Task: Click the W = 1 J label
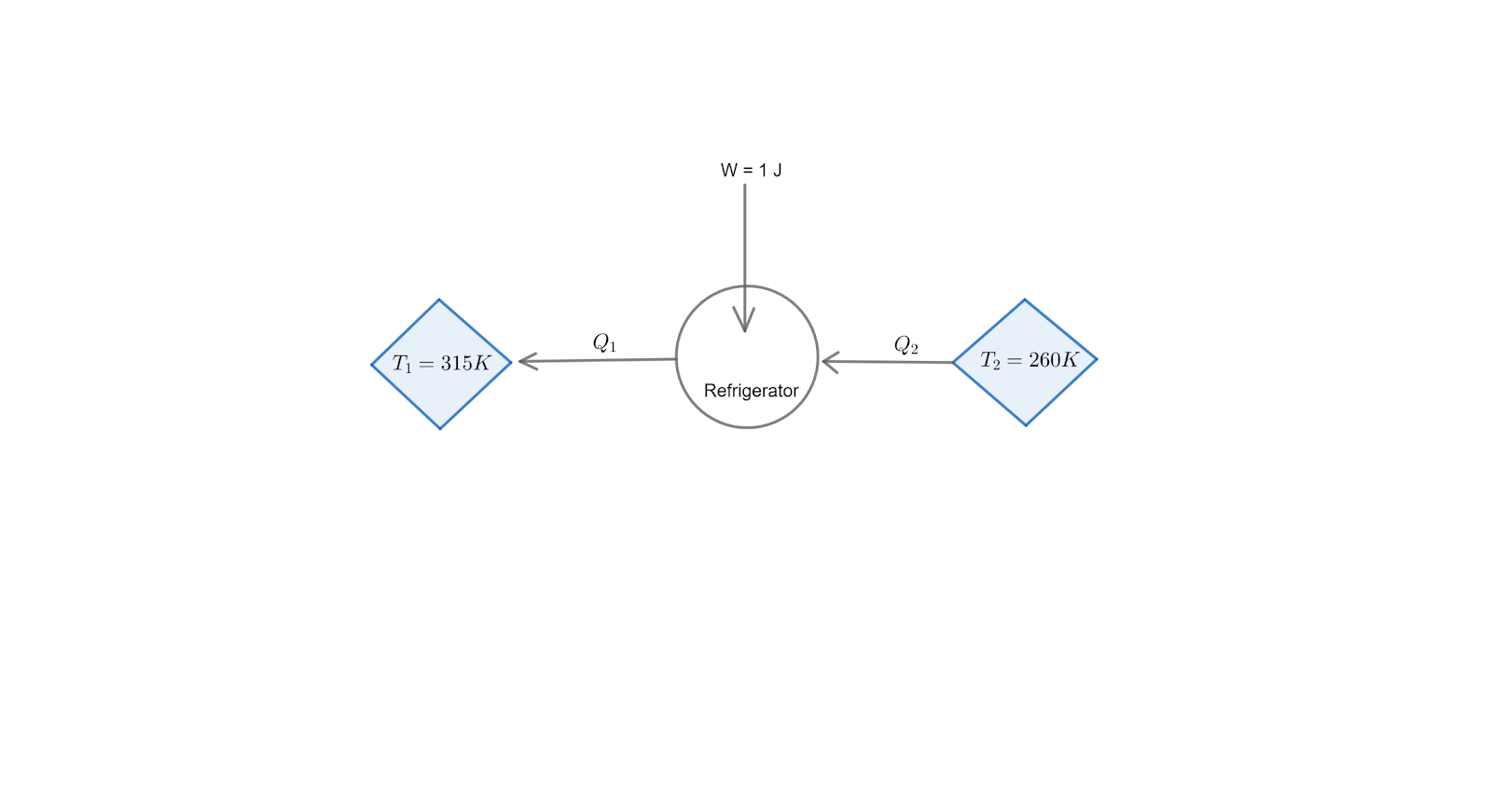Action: [x=751, y=171]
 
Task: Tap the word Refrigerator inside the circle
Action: [x=751, y=391]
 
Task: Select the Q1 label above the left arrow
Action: [x=604, y=343]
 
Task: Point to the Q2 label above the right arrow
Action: [x=905, y=345]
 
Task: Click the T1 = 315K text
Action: [x=442, y=364]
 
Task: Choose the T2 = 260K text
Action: [x=1029, y=360]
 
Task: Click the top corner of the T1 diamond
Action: [x=439, y=299]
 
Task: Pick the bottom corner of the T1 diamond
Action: [x=440, y=429]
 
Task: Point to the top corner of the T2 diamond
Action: [x=1025, y=299]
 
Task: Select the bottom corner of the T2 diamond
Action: [x=1026, y=425]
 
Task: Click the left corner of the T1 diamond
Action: [x=372, y=365]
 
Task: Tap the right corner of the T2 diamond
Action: [x=1097, y=360]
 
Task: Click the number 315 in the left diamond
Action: [x=456, y=363]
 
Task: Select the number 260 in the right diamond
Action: [x=1044, y=360]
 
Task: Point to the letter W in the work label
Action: [x=728, y=171]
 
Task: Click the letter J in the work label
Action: [x=778, y=171]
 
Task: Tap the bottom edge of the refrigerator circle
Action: [x=747, y=427]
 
